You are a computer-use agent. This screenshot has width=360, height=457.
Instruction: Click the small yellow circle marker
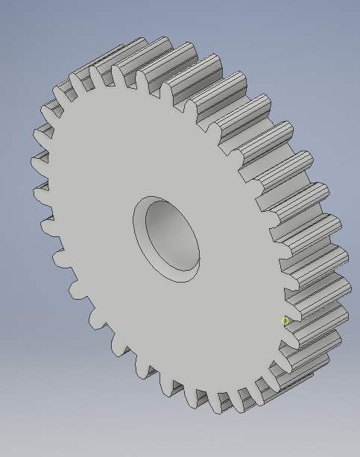[x=285, y=321]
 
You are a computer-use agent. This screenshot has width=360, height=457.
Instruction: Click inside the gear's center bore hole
[x=174, y=234]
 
